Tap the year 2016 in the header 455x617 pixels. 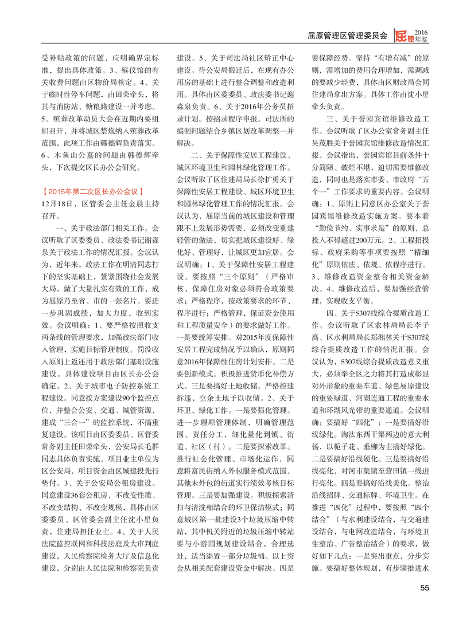click(421, 31)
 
